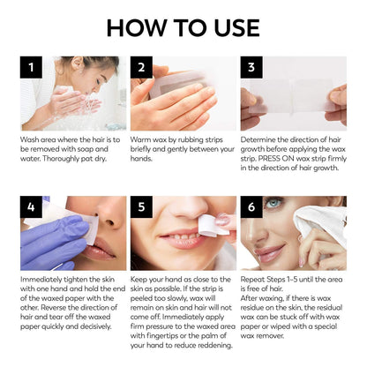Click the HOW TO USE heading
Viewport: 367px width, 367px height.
coord(183,26)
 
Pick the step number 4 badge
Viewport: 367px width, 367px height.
coord(32,208)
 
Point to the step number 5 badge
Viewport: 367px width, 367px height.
coord(142,208)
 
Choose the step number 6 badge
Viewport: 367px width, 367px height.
coord(251,208)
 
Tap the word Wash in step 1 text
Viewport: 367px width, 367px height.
coord(30,139)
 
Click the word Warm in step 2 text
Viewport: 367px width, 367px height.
coord(141,139)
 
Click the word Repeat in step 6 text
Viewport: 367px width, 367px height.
coord(254,280)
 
